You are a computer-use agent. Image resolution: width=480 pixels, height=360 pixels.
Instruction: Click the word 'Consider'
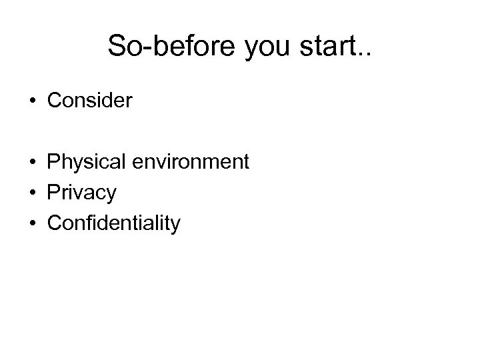click(x=90, y=101)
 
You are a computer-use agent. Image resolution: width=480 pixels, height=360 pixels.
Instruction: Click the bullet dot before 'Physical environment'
click(x=33, y=163)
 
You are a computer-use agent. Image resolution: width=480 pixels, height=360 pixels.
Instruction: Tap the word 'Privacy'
click(x=81, y=193)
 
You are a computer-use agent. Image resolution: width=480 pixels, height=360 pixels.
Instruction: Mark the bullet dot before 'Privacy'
click(x=33, y=193)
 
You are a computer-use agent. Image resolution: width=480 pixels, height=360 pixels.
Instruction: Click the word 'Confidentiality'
click(x=113, y=223)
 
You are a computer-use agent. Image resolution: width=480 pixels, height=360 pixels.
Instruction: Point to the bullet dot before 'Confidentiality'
click(x=33, y=224)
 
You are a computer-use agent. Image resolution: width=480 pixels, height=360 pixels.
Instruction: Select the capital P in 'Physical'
click(x=53, y=162)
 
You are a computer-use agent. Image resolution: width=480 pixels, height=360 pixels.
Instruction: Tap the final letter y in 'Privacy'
click(x=111, y=195)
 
